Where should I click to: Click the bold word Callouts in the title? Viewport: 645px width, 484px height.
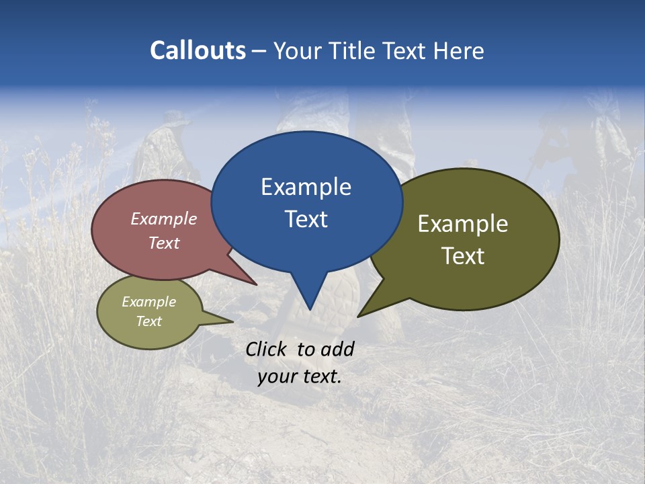[198, 50]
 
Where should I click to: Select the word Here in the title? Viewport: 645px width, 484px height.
[460, 50]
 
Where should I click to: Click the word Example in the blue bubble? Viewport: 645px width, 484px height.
[306, 187]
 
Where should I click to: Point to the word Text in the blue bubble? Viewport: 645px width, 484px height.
[306, 219]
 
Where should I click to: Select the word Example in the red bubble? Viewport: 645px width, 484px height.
[164, 218]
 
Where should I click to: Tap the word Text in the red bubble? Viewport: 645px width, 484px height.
[164, 243]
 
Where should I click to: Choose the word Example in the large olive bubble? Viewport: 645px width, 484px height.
[463, 224]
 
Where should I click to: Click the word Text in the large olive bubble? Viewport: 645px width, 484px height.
[463, 256]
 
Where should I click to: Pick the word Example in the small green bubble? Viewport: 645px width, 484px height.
[148, 302]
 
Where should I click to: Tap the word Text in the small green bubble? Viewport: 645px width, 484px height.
[148, 321]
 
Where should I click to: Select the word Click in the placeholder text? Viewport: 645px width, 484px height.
[267, 349]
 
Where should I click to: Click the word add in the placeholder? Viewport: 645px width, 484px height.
[337, 349]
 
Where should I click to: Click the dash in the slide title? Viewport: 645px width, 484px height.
[259, 50]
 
